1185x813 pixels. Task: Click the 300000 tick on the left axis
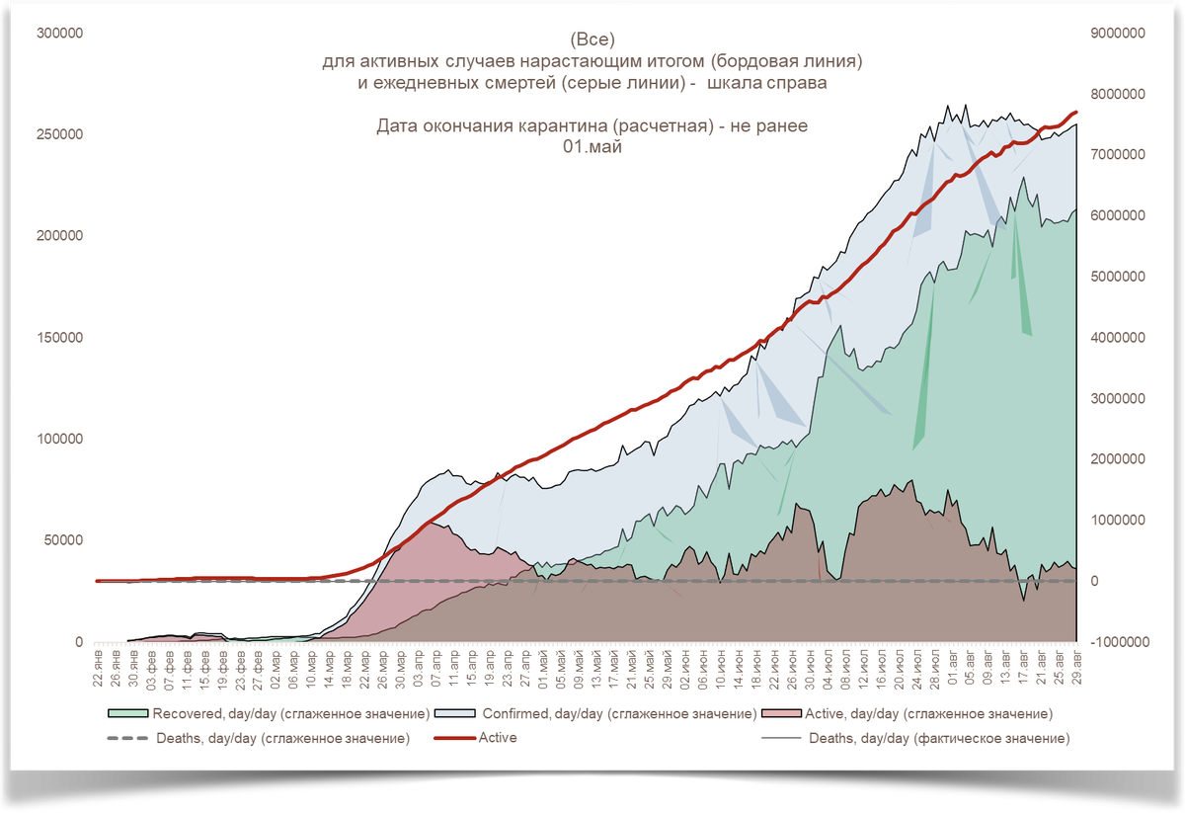pyautogui.click(x=60, y=33)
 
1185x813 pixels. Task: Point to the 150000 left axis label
pyautogui.click(x=60, y=338)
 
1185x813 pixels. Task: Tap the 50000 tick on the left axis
pyautogui.click(x=64, y=540)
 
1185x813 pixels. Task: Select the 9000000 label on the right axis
pyautogui.click(x=1116, y=33)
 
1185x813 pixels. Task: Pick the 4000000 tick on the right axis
pyautogui.click(x=1116, y=338)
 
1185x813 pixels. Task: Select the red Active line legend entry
pyautogui.click(x=497, y=738)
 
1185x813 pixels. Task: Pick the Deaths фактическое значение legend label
pyautogui.click(x=939, y=738)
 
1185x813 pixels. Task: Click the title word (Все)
pyautogui.click(x=592, y=41)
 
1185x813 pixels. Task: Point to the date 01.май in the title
pyautogui.click(x=592, y=145)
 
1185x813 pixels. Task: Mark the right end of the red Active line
pyautogui.click(x=1076, y=112)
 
